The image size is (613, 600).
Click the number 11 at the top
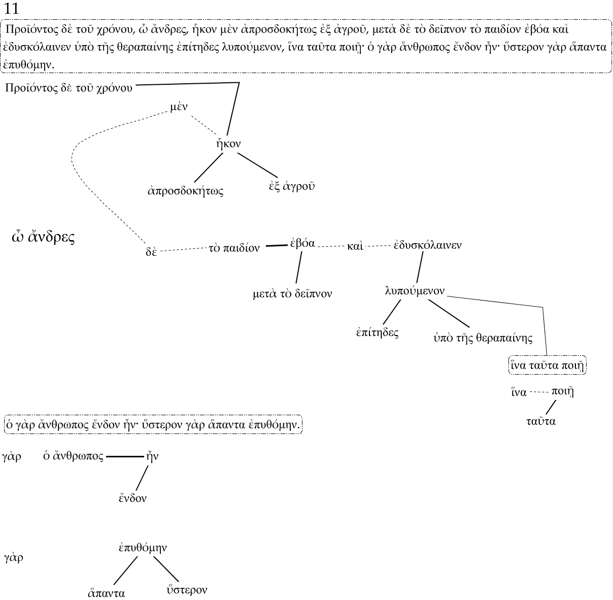point(11,9)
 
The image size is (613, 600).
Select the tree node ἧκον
point(228,144)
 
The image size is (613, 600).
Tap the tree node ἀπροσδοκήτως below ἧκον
point(185,191)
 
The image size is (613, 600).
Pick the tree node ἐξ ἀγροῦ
point(292,186)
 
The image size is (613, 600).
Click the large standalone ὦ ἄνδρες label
point(43,238)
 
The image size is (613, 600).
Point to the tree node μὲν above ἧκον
point(180,107)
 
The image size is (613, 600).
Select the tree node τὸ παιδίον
point(234,248)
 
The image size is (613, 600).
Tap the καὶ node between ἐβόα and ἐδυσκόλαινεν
point(355,247)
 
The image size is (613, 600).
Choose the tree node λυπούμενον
point(415,291)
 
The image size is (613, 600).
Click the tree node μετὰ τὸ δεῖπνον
point(292,293)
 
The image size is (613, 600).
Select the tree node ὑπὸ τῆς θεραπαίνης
point(483,338)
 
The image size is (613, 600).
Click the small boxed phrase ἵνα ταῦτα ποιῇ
point(547,365)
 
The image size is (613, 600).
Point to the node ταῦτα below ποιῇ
point(540,421)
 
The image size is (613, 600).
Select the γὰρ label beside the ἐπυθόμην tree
point(13,558)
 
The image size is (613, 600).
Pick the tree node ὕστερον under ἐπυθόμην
point(187,590)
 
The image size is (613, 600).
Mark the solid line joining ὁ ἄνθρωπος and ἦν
point(125,457)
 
